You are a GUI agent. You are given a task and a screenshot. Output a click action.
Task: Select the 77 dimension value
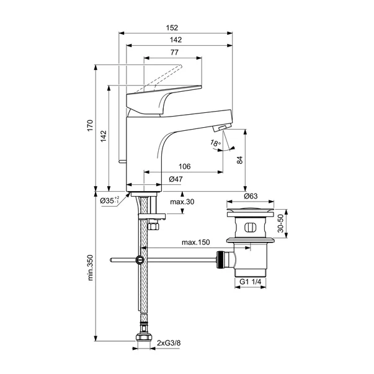(x=174, y=53)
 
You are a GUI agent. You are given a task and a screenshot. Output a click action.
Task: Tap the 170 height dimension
(x=90, y=128)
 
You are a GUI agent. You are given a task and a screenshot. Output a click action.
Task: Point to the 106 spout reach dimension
(x=184, y=167)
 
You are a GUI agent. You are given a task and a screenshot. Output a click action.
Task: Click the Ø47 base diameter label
(x=176, y=179)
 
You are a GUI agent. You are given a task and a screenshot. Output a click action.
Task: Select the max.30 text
(x=182, y=202)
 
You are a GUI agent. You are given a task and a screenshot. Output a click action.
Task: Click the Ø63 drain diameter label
(x=251, y=196)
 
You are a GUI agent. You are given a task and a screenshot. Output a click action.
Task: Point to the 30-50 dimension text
(x=280, y=223)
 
